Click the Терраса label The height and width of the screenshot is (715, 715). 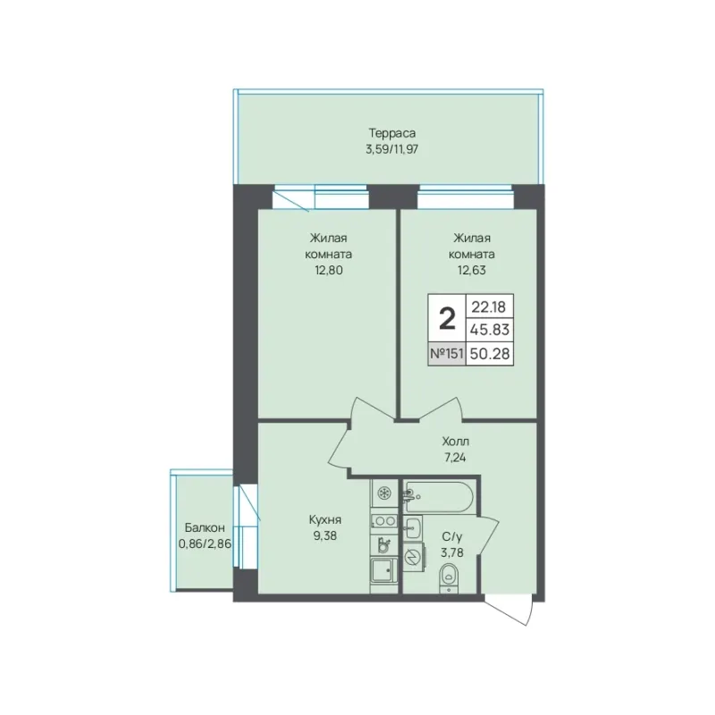[392, 133]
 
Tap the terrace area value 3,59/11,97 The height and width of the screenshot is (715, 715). [392, 149]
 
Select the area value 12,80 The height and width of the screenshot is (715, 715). [328, 271]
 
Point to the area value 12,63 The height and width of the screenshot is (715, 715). [472, 271]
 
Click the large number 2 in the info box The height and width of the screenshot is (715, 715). [447, 319]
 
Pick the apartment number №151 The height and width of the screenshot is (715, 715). [447, 353]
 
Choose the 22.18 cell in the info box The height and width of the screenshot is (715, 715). [489, 307]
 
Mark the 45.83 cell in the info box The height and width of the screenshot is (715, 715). [490, 329]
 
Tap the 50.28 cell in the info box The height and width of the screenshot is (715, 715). [490, 353]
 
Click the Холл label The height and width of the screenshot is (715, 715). [456, 442]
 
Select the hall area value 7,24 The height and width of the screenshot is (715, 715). [456, 458]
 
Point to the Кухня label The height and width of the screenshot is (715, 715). [325, 520]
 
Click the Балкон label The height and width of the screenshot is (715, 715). [205, 528]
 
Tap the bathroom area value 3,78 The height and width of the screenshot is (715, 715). [452, 552]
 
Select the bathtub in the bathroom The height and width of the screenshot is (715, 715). [439, 497]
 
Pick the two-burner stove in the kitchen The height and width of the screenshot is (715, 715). [384, 520]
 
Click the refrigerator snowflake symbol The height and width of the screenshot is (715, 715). [384, 493]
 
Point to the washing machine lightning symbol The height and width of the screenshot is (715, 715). [413, 558]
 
